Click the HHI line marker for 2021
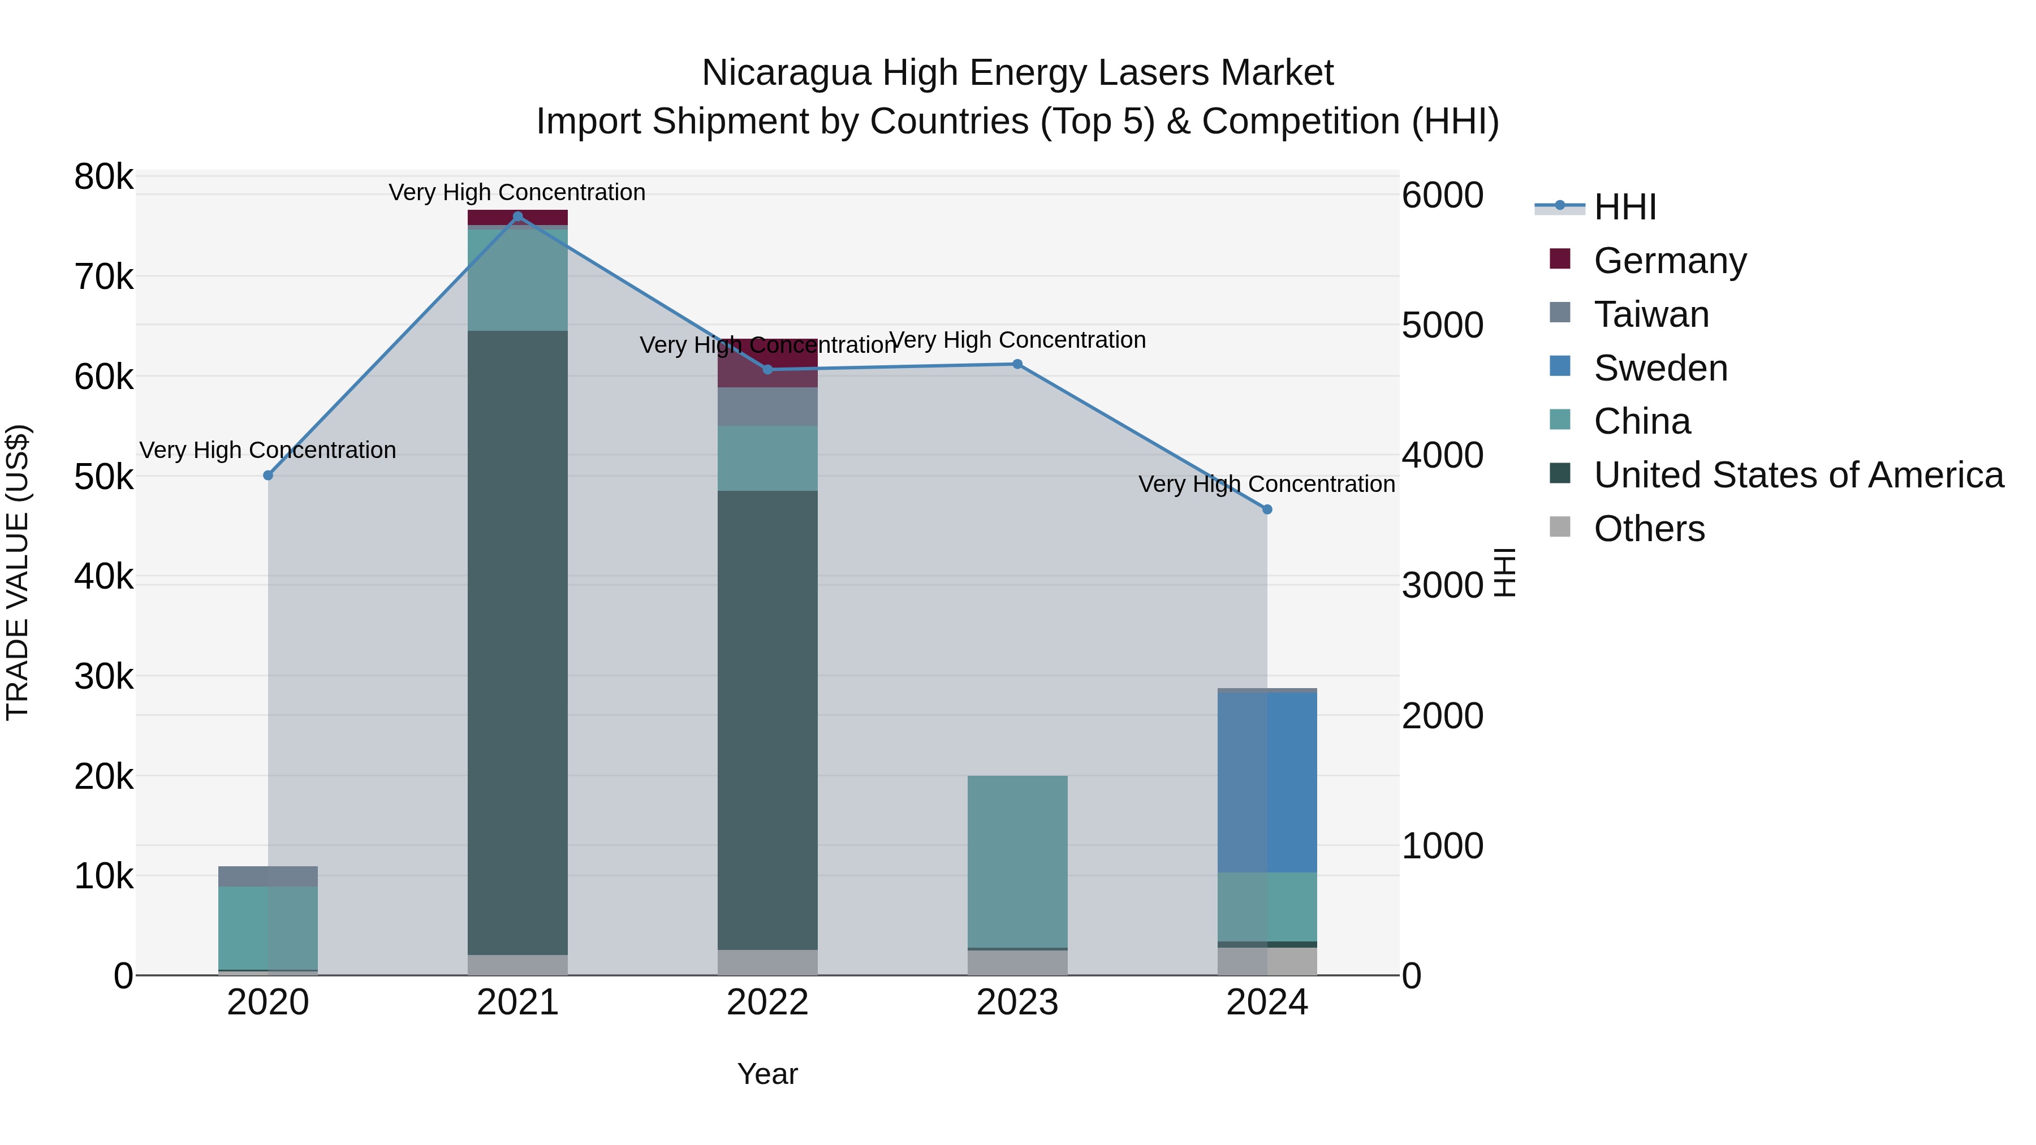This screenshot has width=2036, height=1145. point(517,217)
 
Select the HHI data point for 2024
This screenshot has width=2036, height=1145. point(1267,509)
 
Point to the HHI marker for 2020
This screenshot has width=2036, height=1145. point(268,475)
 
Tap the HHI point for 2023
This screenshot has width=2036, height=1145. point(1017,364)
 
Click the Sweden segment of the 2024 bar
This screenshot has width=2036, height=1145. point(1267,783)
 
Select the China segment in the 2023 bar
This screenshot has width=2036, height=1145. point(1017,861)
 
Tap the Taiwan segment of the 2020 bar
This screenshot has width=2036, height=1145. point(268,876)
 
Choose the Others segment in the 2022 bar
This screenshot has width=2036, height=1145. point(767,962)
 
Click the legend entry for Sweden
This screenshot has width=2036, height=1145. point(1660,368)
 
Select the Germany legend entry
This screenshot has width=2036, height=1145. point(1670,261)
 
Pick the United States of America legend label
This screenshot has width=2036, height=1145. point(1798,475)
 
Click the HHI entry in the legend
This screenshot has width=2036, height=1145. point(1625,207)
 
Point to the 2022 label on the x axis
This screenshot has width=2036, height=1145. point(767,1003)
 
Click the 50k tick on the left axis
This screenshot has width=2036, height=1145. point(103,477)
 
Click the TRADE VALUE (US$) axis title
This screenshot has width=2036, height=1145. point(18,572)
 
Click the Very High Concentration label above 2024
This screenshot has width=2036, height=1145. point(1266,485)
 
